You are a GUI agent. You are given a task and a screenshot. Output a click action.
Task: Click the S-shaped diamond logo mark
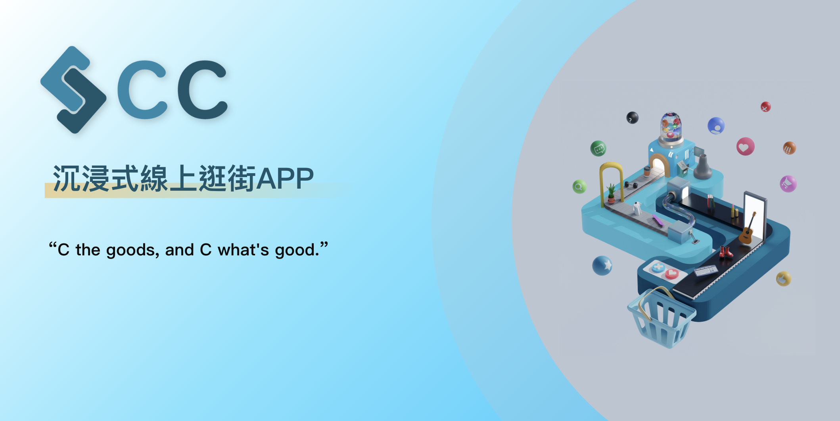click(x=73, y=90)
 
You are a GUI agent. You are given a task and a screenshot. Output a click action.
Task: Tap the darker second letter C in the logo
click(x=203, y=90)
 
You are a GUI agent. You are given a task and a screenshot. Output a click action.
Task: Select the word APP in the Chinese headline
click(x=285, y=179)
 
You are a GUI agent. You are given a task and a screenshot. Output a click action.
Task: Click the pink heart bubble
click(x=746, y=147)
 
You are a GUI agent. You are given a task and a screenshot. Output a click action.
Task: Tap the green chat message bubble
click(x=598, y=149)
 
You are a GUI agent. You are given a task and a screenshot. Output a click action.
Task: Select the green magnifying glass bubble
click(x=579, y=187)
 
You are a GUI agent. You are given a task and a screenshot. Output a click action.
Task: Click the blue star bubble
click(x=602, y=266)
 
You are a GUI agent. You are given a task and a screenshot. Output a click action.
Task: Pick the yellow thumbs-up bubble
click(x=784, y=279)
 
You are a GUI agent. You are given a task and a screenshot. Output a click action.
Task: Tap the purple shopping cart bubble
click(x=788, y=184)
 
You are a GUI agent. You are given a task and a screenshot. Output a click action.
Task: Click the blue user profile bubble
click(x=716, y=126)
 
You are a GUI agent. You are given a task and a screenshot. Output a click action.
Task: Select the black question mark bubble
click(x=633, y=118)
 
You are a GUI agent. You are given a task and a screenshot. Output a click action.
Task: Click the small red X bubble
click(x=765, y=107)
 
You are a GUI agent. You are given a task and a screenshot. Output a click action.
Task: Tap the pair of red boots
click(x=725, y=252)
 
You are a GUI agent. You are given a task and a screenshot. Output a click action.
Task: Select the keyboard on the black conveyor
click(x=706, y=271)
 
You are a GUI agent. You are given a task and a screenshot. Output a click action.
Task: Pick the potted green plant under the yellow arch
click(x=611, y=193)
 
